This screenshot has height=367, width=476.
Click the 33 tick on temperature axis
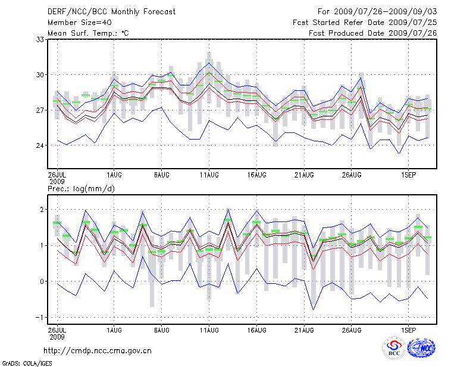[x=41, y=39]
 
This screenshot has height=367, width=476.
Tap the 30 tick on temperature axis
[x=41, y=75]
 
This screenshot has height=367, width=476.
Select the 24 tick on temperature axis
[x=41, y=145]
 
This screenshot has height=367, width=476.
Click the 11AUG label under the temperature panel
[x=209, y=175]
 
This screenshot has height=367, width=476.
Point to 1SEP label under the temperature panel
[x=408, y=175]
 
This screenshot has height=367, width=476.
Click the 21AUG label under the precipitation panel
[x=304, y=328]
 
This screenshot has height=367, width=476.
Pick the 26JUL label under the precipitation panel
[x=58, y=328]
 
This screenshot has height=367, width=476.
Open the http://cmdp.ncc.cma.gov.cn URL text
[x=98, y=350]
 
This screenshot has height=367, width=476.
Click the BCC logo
[x=394, y=348]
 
